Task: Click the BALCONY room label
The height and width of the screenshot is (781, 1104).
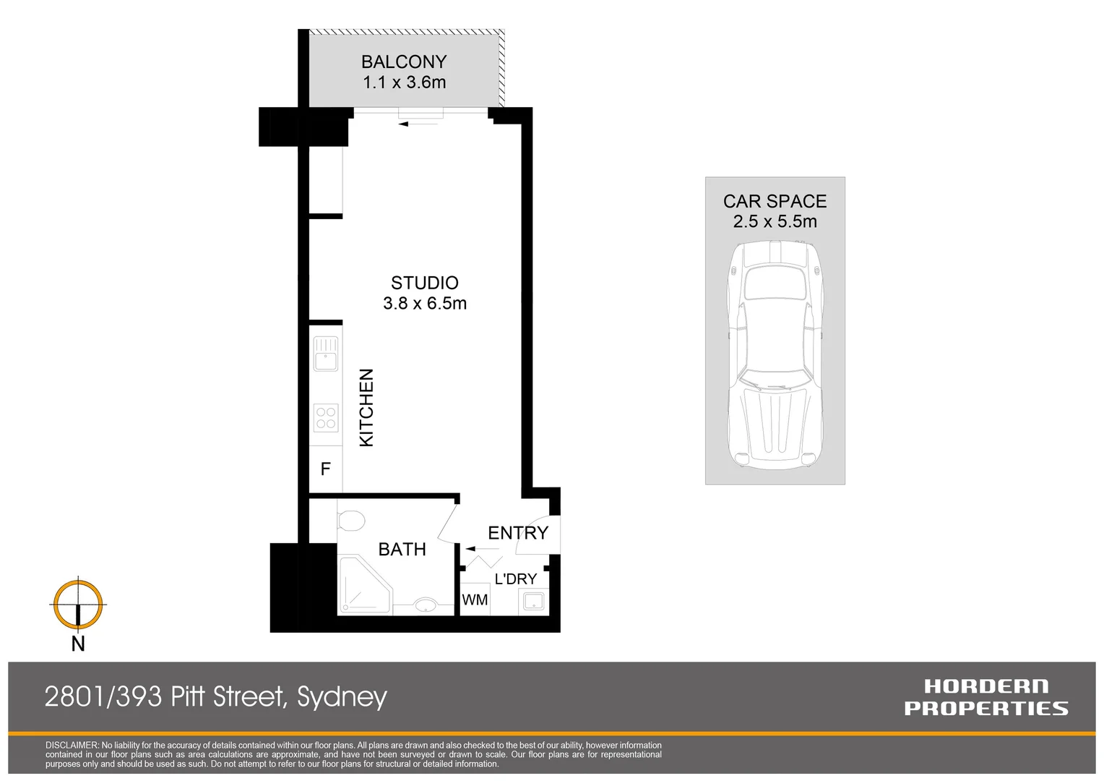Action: pyautogui.click(x=404, y=62)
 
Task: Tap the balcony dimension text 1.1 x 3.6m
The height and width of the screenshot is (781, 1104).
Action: pyautogui.click(x=404, y=82)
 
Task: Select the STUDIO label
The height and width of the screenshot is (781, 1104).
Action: pyautogui.click(x=425, y=283)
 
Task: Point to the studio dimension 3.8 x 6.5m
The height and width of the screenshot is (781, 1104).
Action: pyautogui.click(x=425, y=304)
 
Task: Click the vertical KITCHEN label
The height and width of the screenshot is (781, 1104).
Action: pyautogui.click(x=367, y=408)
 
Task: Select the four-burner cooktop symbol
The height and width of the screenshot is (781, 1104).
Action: pyautogui.click(x=326, y=417)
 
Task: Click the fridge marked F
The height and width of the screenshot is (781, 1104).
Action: pyautogui.click(x=326, y=469)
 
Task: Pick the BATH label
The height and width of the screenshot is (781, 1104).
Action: pyautogui.click(x=402, y=550)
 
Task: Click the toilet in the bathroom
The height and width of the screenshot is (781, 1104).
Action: pyautogui.click(x=351, y=520)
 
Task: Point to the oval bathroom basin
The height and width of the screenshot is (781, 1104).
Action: pyautogui.click(x=426, y=605)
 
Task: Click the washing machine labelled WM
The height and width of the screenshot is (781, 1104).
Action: pyautogui.click(x=475, y=599)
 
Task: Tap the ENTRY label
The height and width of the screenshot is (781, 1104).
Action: pyautogui.click(x=518, y=533)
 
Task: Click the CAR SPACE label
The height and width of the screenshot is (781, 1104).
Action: pyautogui.click(x=775, y=202)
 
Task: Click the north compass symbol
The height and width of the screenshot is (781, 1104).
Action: pyautogui.click(x=78, y=605)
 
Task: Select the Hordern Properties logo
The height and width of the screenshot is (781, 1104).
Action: pyautogui.click(x=986, y=697)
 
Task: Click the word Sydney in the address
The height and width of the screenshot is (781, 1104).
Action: pyautogui.click(x=342, y=697)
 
